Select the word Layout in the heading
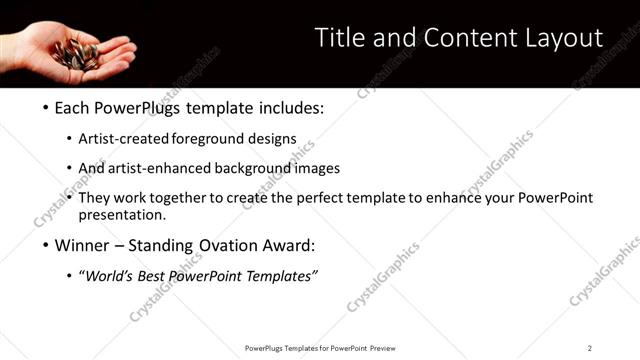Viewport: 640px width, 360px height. pos(560,38)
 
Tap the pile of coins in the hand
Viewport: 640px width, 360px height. pos(76,51)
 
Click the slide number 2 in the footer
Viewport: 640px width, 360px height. pos(590,347)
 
